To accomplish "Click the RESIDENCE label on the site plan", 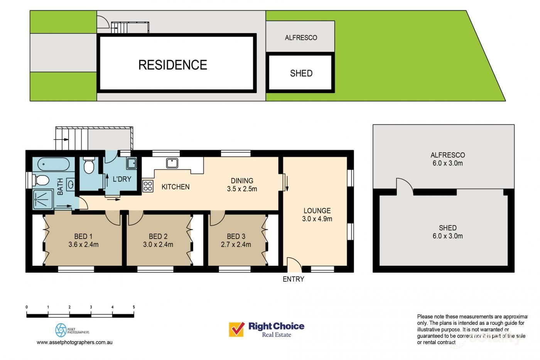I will pos(172,65).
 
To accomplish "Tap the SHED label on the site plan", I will pos(301,73).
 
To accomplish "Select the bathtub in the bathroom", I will pos(54,165).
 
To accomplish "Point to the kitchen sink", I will pos(172,163).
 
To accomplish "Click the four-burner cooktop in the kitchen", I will pos(148,186).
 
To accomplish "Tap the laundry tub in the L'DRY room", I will pos(131,164).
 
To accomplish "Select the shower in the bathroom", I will pos(43,199).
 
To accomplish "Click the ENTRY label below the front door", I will pos(293,279).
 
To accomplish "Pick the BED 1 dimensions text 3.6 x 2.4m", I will pos(83,244).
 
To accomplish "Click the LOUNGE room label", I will pos(317,211).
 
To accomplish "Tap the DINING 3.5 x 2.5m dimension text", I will pos(242,189).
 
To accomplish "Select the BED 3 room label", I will pos(236,237).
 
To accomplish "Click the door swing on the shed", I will pos(404,185).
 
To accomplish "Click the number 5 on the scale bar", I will pos(133,307).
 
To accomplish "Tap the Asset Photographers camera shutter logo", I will pos(61,330).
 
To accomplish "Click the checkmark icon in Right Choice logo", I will pos(237,329).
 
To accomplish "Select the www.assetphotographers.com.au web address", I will pos(74,342).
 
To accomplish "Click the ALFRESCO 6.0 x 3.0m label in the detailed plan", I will pos(447,159).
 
